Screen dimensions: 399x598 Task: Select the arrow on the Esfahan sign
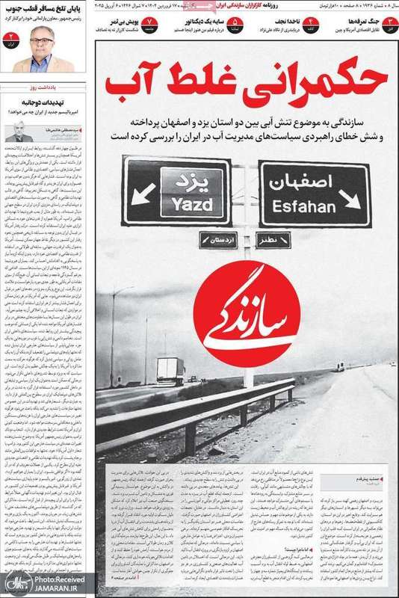(348, 199)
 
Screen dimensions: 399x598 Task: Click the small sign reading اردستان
(217, 240)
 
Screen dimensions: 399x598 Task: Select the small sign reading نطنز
(270, 240)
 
